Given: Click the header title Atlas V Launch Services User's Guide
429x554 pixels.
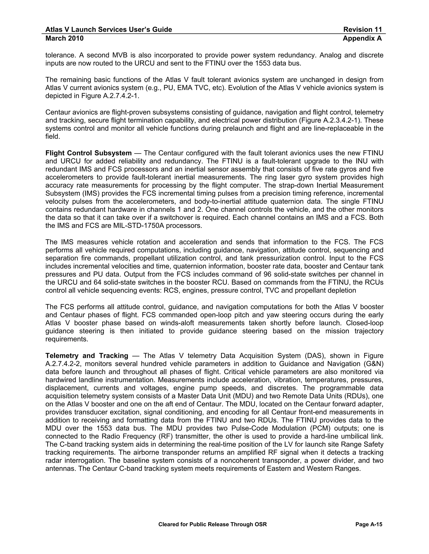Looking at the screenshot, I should pos(109,30).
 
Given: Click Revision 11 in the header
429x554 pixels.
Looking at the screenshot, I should pos(362,30).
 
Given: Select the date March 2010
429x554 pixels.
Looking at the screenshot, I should pos(64,38).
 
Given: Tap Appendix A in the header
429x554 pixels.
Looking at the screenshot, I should pos(362,38).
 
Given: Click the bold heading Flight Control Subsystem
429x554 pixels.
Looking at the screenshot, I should pos(88,153).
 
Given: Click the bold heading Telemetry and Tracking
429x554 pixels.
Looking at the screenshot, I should pos(87,356).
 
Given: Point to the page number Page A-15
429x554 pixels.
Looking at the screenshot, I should pos(368,524).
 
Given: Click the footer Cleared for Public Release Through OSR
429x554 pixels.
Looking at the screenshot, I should pos(212,524).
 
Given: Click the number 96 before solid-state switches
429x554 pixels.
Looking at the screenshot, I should pos(268,274).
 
